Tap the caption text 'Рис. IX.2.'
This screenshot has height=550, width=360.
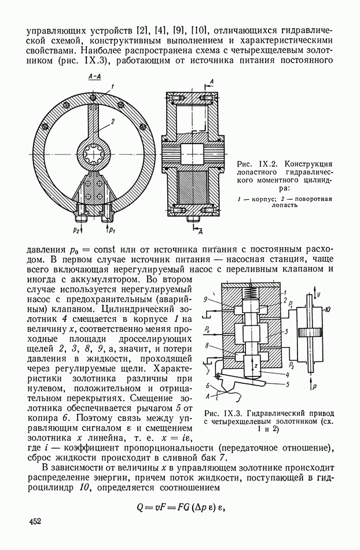[x=258, y=158]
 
